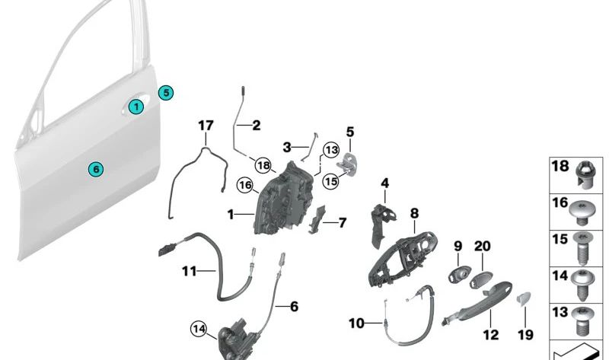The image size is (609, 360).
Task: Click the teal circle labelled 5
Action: pos(166,93)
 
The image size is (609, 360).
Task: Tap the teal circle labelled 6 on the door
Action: pos(95,168)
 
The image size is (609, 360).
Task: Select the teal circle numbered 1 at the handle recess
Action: pos(136,107)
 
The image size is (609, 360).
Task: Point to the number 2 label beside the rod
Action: pos(256,126)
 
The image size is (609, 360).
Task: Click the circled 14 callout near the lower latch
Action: pos(199,329)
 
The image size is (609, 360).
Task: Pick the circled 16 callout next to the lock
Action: pos(244,184)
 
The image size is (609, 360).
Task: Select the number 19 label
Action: pos(526,334)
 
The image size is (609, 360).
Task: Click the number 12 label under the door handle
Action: pos(491,334)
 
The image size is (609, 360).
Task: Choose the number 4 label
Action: pos(385,183)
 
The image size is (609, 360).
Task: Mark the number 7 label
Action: pos(342,223)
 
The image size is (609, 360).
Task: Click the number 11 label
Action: pos(189,270)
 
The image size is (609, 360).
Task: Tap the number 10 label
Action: pos(357,323)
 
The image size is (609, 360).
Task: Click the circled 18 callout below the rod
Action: pos(263,165)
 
